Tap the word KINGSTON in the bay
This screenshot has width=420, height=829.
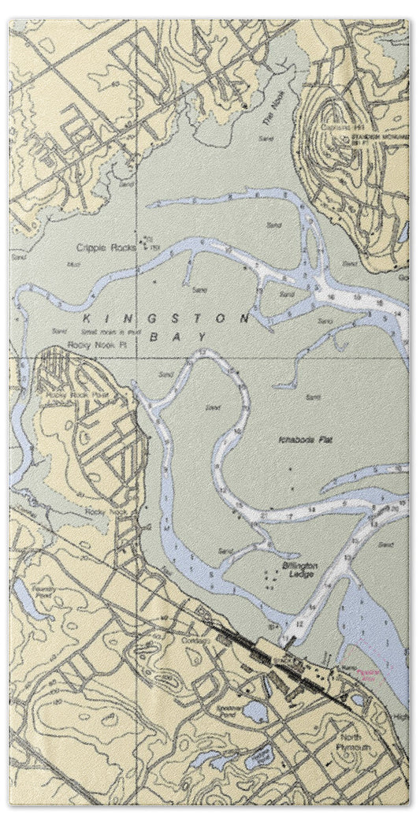[166, 319]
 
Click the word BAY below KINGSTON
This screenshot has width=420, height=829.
[191, 336]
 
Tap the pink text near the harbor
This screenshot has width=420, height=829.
[368, 674]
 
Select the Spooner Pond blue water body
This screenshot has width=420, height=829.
[255, 712]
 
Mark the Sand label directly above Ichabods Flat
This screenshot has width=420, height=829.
[314, 396]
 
